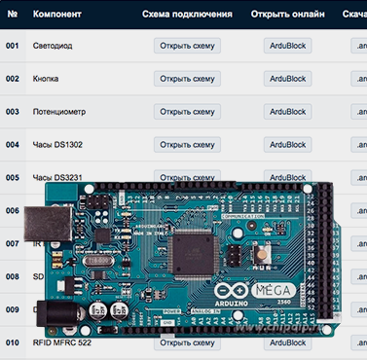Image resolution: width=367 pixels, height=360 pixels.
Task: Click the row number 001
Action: [12, 46]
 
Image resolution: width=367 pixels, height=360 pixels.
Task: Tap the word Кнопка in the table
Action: [48, 79]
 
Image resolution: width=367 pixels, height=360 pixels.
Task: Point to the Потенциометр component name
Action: [59, 112]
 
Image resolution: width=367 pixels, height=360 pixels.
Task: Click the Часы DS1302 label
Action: [55, 145]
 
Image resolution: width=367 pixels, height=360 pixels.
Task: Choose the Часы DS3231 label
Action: [55, 178]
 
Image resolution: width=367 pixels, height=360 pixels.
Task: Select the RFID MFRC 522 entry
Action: [64, 342]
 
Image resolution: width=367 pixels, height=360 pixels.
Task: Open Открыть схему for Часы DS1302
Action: [187, 145]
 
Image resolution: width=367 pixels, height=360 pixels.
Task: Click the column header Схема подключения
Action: [187, 16]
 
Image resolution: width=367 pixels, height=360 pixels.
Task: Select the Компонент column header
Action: [60, 16]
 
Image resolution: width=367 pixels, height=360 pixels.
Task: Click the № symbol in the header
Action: [12, 16]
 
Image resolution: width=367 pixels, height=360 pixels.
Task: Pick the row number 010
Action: [12, 342]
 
